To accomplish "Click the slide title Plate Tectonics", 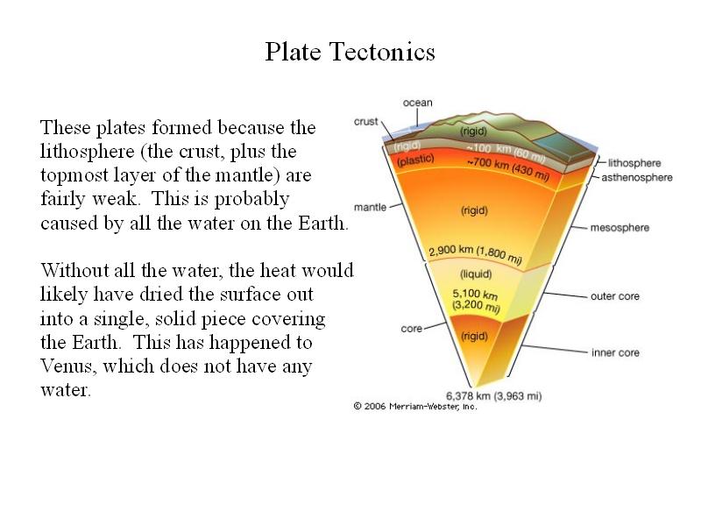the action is pyautogui.click(x=350, y=52).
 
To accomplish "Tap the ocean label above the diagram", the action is pyautogui.click(x=418, y=103).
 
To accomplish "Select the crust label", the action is pyautogui.click(x=365, y=121).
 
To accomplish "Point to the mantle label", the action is pyautogui.click(x=370, y=207).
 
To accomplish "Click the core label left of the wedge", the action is pyautogui.click(x=411, y=328).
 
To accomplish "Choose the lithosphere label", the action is pyautogui.click(x=634, y=163).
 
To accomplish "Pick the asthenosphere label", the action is pyautogui.click(x=637, y=178).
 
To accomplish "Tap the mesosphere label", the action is pyautogui.click(x=620, y=228).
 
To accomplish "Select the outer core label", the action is pyautogui.click(x=615, y=296).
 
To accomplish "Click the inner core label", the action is pyautogui.click(x=615, y=352).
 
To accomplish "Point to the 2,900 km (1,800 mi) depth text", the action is pyautogui.click(x=475, y=253).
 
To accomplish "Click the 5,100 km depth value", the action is pyautogui.click(x=475, y=295).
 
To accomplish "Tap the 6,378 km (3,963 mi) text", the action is pyautogui.click(x=493, y=396).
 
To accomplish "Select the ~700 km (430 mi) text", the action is pyautogui.click(x=508, y=168).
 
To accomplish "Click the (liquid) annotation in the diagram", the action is pyautogui.click(x=476, y=274).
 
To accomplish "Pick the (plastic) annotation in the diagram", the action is pyautogui.click(x=415, y=160).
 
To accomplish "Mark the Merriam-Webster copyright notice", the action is pyautogui.click(x=415, y=406).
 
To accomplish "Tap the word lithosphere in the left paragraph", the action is pyautogui.click(x=87, y=151).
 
